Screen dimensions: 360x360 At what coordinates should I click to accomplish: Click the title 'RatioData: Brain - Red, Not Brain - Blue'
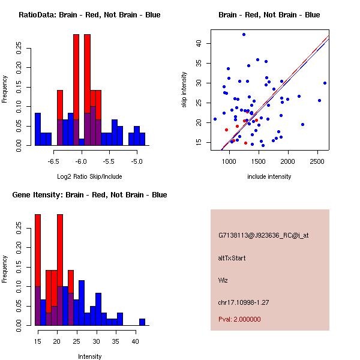tap(89, 15)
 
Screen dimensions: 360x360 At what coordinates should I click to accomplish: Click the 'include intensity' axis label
tap(269, 176)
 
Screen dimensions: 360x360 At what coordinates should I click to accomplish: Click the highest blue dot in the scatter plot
tap(244, 34)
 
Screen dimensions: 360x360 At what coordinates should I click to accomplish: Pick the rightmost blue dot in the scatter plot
tap(325, 83)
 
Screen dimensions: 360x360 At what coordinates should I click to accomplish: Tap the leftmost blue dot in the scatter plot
tap(215, 119)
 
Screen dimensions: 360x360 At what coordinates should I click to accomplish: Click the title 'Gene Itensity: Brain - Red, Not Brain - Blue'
tap(89, 195)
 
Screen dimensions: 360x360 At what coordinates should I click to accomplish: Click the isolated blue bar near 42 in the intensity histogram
tap(142, 322)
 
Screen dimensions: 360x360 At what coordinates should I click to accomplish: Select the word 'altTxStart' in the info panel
tap(232, 258)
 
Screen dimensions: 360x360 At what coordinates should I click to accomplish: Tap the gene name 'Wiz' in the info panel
tap(223, 280)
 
